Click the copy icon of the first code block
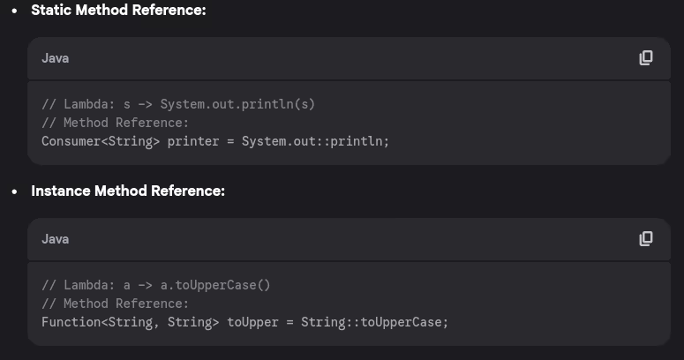click(646, 58)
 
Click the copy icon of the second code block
click(646, 239)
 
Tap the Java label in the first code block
click(55, 58)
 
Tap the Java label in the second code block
click(55, 239)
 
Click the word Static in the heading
click(50, 11)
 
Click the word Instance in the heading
click(60, 191)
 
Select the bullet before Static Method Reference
click(14, 11)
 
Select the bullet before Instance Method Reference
click(14, 191)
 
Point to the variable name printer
click(196, 141)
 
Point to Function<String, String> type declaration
click(130, 322)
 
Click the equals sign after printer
click(230, 141)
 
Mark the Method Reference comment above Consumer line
click(116, 123)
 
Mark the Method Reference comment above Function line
click(116, 304)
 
